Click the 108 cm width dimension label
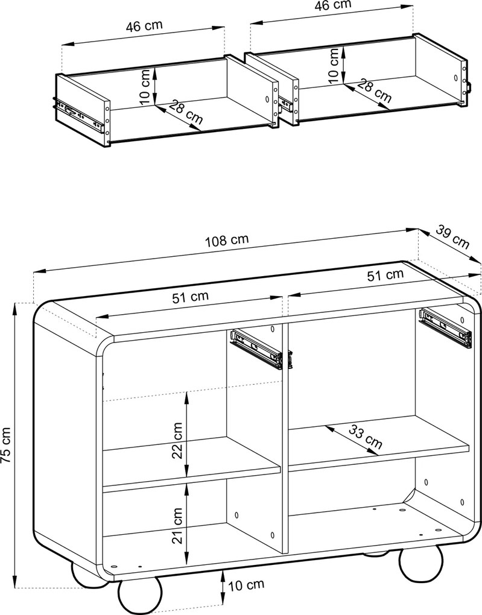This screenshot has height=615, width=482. (x=227, y=240)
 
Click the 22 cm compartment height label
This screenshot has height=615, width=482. (x=178, y=440)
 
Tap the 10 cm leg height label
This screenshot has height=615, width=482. (x=247, y=585)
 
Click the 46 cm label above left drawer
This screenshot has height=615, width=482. (x=144, y=27)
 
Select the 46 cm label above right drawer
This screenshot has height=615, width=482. (x=333, y=5)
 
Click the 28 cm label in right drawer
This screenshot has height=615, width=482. (x=375, y=92)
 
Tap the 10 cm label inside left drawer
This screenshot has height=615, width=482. (x=145, y=87)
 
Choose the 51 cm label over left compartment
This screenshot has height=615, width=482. (x=191, y=297)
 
